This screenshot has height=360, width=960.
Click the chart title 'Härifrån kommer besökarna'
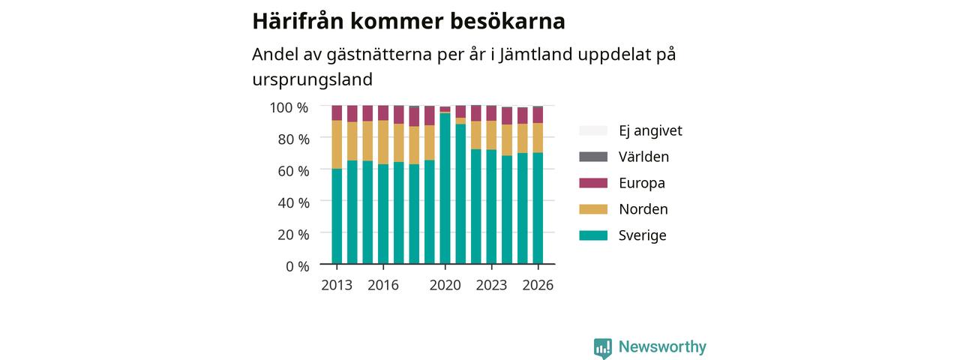[x=409, y=21]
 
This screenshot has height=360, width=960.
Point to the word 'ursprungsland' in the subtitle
[x=313, y=79]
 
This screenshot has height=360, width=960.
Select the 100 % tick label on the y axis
[x=289, y=107]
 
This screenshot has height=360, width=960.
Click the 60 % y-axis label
[x=293, y=171]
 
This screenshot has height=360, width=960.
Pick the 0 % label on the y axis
[x=298, y=266]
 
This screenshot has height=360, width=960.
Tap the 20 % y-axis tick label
[x=293, y=235]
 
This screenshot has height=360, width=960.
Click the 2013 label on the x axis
[x=337, y=285]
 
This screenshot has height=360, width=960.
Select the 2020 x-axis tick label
[x=445, y=285]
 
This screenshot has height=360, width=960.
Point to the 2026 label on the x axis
[x=538, y=285]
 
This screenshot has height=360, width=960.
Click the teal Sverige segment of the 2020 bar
[x=445, y=188]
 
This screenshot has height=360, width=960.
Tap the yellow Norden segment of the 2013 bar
[x=337, y=145]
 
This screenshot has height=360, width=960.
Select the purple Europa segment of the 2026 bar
[x=538, y=115]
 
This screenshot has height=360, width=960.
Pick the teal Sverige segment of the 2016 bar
[x=383, y=214]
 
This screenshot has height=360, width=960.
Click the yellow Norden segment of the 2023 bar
[x=491, y=136]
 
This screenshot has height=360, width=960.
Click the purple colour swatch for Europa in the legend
[x=593, y=183]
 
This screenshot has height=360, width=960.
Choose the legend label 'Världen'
[x=643, y=157]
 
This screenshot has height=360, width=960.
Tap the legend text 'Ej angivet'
[x=650, y=130]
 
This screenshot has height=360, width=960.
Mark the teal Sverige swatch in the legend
[x=593, y=235]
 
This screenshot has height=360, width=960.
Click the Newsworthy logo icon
[x=603, y=347]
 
